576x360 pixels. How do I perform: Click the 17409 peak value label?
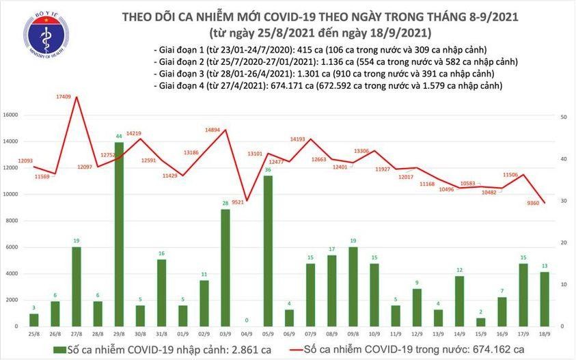[65, 98]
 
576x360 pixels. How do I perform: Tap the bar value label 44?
[118, 136]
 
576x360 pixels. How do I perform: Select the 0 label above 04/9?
[245, 319]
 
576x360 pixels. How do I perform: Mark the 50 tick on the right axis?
[564, 117]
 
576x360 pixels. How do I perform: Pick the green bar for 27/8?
[76, 286]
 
